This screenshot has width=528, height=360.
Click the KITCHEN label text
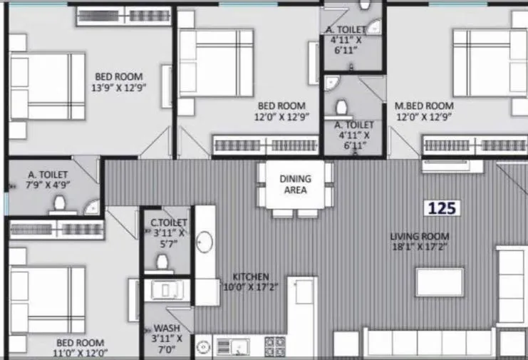(x=252, y=276)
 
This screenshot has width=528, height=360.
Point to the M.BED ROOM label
(x=424, y=106)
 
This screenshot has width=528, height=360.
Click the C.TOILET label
(x=168, y=222)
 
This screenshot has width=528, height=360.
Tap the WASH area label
(x=167, y=329)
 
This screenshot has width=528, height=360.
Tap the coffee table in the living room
(x=444, y=282)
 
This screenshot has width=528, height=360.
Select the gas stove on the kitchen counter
(x=274, y=346)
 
